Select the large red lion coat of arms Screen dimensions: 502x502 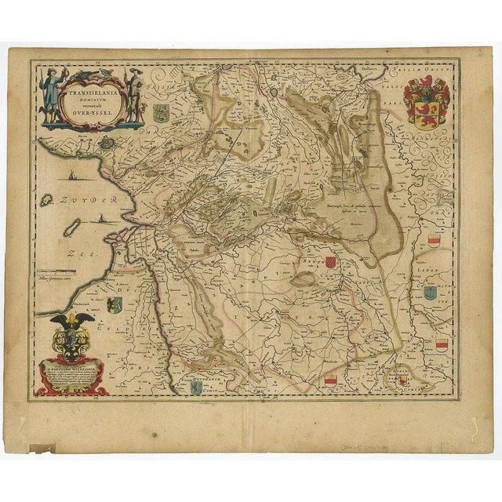pos(426,102)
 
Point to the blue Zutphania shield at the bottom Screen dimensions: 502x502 pos(195,388)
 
